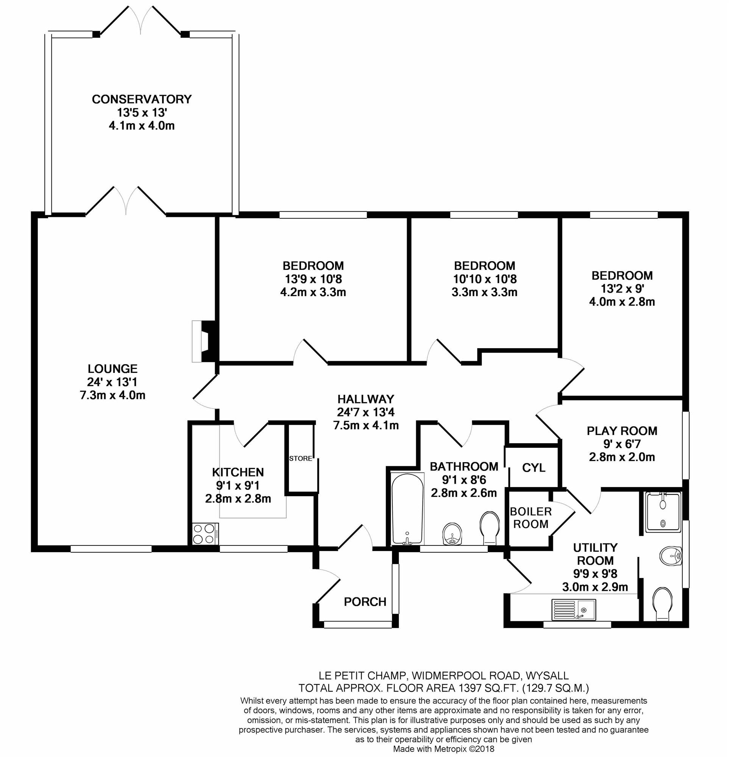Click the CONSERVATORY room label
tap(142, 99)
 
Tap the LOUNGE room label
tap(112, 368)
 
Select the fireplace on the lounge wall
tap(205, 341)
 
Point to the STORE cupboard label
tap(301, 458)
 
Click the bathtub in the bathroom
tap(407, 509)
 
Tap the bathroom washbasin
tap(452, 534)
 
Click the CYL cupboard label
tap(534, 468)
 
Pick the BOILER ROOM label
tap(531, 518)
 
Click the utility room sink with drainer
tap(574, 609)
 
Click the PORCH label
tap(365, 602)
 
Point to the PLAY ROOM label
tap(621, 431)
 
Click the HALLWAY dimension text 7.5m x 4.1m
tap(365, 425)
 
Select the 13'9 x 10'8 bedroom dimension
tap(313, 279)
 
